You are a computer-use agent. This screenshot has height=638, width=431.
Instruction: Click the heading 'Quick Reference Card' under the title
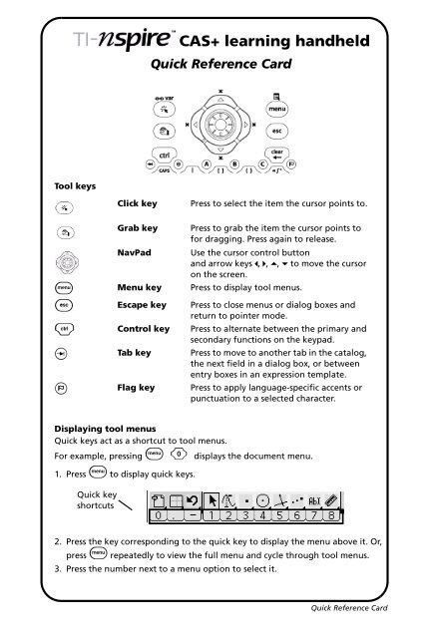point(215,66)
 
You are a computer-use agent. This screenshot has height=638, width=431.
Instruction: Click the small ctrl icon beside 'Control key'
point(63,329)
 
